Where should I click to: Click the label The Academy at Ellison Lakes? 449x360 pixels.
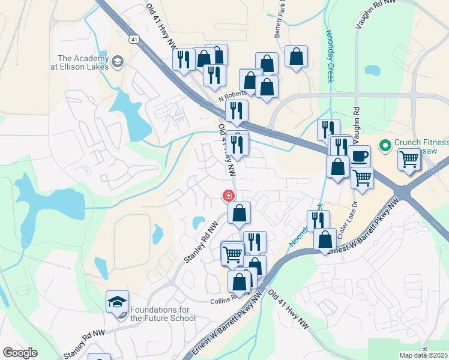(83, 62)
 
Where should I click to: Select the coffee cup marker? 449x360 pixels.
(359, 157)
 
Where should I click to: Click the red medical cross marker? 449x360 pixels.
(228, 196)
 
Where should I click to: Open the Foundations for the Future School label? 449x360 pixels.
(163, 314)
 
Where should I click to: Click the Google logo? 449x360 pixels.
(20, 353)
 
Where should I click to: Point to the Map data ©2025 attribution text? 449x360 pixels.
(424, 355)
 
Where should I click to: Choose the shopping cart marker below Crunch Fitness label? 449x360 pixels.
(408, 160)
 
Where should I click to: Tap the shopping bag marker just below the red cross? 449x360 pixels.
(239, 212)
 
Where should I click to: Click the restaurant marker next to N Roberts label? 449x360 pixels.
(238, 110)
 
